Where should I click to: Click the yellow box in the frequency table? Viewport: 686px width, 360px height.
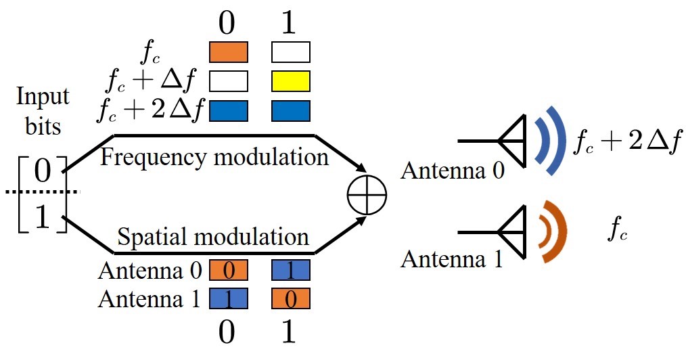(290, 81)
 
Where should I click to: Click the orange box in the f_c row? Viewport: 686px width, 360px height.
(229, 52)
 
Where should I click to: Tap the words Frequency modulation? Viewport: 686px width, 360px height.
(214, 158)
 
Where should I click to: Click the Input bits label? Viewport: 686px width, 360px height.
(43, 111)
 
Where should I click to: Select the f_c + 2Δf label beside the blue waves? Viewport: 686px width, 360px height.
(626, 143)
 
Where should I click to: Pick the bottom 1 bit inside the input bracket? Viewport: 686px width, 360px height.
(43, 218)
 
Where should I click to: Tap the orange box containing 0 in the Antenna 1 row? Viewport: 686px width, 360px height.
(290, 298)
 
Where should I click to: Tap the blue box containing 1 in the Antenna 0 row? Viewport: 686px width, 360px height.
(290, 271)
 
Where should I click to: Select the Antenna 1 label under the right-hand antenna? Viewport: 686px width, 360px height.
(453, 259)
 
